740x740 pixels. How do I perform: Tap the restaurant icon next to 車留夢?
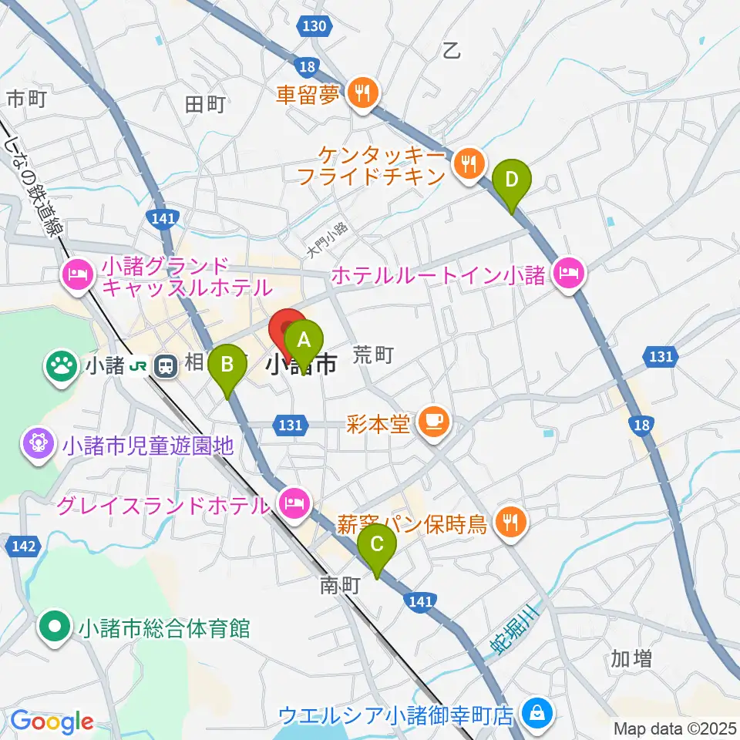coord(361,94)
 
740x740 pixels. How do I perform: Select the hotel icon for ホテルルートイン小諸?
coord(569,273)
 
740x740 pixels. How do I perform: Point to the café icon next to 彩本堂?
coord(432,422)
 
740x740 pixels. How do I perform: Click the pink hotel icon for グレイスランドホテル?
coord(294,506)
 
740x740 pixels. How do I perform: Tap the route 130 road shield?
coord(314,27)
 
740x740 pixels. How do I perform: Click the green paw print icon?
coord(59,364)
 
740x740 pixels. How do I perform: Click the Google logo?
coord(52,721)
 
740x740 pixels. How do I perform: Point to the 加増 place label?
coord(631,658)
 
